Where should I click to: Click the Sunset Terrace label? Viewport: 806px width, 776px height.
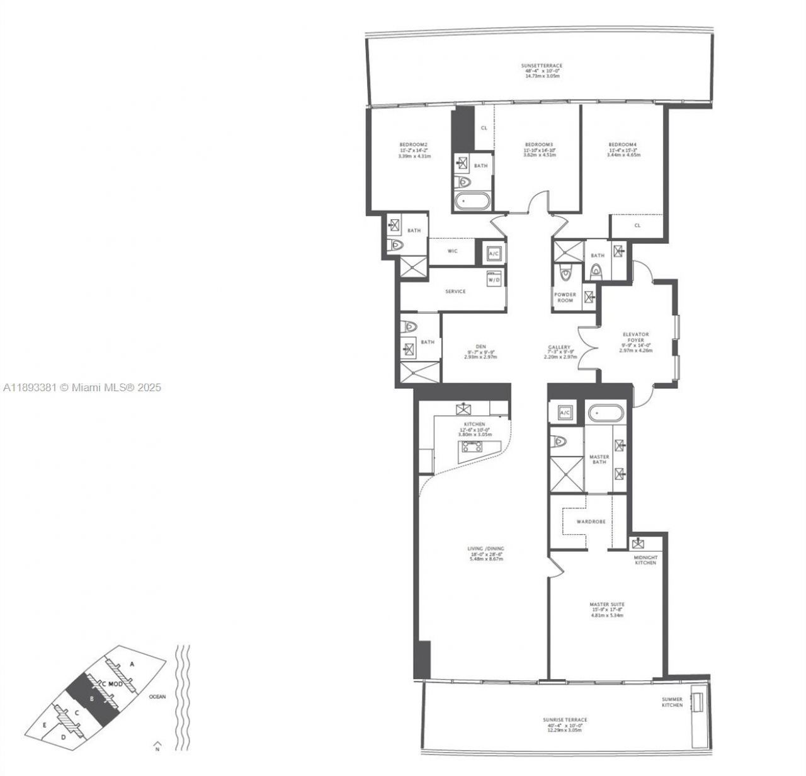542,66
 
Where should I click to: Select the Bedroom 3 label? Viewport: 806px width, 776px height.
539,144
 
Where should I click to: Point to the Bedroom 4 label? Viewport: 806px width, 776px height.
623,144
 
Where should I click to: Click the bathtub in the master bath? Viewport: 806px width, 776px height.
606,414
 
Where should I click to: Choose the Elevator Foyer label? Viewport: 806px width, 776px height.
635,335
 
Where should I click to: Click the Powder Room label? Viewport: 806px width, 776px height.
565,297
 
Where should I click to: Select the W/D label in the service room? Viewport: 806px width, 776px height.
494,280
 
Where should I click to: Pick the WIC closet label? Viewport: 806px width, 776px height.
452,251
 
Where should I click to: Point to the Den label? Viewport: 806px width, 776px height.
480,346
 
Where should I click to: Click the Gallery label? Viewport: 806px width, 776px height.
559,347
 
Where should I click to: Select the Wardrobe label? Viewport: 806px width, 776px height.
591,522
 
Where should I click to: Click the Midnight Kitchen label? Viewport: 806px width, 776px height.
645,560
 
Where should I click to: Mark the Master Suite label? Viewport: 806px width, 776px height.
607,604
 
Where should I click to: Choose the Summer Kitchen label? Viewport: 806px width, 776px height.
672,702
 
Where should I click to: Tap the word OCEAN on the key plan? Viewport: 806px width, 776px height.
157,697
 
